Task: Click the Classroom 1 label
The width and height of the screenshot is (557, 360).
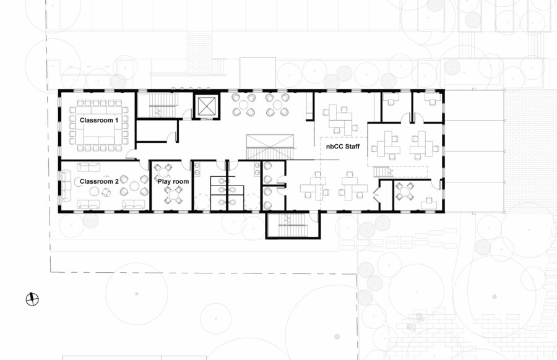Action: pyautogui.click(x=99, y=120)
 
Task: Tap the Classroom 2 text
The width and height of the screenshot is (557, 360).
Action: pyautogui.click(x=99, y=181)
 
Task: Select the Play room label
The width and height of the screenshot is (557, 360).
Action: pyautogui.click(x=173, y=181)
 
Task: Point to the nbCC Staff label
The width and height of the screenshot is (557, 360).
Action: pyautogui.click(x=343, y=147)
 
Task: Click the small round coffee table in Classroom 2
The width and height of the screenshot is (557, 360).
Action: pyautogui.click(x=94, y=191)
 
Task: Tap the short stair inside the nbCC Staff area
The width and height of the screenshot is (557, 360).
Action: pyautogui.click(x=382, y=172)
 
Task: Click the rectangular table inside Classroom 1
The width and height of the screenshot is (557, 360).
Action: pyautogui.click(x=100, y=129)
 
